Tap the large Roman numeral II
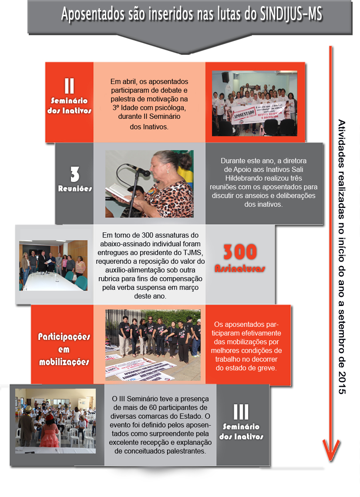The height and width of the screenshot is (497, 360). pyautogui.click(x=69, y=86)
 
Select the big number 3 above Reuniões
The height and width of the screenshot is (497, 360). pyautogui.click(x=75, y=175)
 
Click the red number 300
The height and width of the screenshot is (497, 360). pyautogui.click(x=240, y=252)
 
